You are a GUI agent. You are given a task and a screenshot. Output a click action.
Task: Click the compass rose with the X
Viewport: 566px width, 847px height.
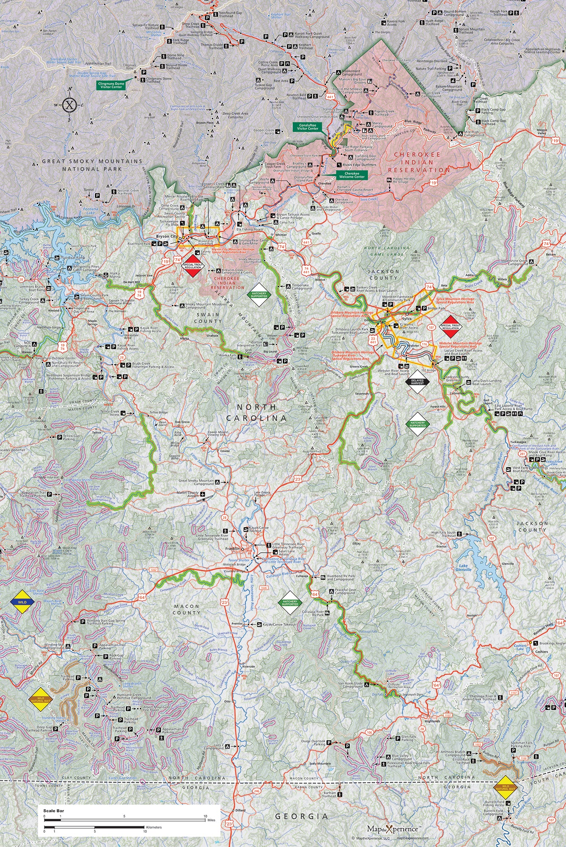70,104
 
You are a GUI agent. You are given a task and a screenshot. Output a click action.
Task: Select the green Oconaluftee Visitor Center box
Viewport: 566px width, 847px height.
308,127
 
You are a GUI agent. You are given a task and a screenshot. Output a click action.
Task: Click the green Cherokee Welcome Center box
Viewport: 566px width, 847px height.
352,175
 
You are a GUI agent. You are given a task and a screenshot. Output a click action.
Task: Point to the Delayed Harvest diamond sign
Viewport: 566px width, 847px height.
417,382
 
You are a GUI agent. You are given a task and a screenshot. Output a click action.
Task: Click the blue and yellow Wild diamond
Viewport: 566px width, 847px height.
22,602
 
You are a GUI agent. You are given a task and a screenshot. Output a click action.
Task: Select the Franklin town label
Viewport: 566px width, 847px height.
232,548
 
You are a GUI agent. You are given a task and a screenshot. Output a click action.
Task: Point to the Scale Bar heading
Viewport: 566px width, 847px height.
51,811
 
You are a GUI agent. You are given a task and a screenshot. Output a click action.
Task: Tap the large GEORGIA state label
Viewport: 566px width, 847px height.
302,816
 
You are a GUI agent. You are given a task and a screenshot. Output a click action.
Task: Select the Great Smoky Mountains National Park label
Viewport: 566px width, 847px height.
92,165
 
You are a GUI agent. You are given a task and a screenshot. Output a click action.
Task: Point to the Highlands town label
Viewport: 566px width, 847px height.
432,721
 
